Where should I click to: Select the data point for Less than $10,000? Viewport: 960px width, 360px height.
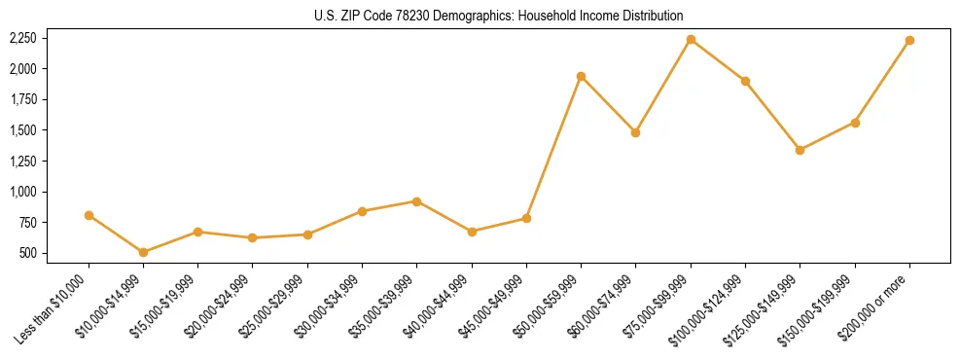89,215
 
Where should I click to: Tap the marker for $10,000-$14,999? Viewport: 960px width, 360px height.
143,252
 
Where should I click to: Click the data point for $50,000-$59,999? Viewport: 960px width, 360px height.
581,76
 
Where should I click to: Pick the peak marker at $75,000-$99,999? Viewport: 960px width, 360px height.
691,39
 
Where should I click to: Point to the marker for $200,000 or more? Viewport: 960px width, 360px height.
909,40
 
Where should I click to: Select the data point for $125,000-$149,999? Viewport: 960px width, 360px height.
800,150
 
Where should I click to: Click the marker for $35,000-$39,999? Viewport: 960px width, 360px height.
416,201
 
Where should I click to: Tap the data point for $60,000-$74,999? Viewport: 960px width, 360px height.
635,132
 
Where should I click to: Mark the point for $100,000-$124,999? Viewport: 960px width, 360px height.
745,81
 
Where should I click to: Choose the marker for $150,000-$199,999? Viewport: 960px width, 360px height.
855,123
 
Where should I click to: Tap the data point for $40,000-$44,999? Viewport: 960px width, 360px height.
472,232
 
